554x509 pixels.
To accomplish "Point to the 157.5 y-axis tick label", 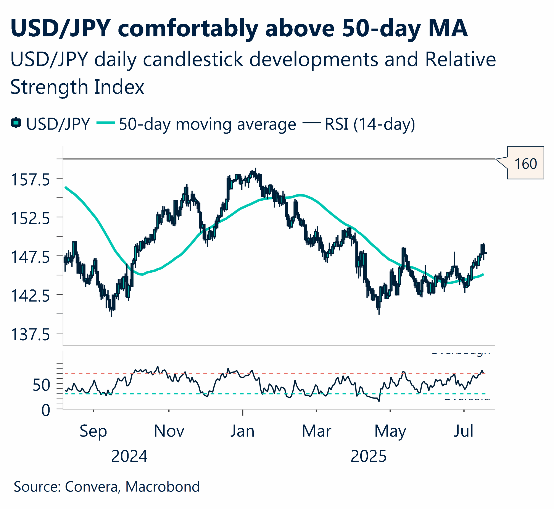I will click(30, 180).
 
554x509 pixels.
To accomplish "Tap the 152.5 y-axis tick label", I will click(30, 218).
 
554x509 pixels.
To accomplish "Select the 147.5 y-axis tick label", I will click(30, 257).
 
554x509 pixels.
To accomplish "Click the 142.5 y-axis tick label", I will click(30, 296).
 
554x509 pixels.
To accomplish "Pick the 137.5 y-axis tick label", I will click(30, 335).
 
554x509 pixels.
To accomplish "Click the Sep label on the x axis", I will click(93, 431).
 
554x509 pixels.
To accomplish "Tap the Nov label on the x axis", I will click(169, 431).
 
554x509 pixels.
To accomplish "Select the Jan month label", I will click(242, 431).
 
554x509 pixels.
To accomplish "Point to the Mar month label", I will click(316, 431).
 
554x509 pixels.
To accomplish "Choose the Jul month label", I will click(463, 431).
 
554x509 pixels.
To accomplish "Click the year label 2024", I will click(129, 456).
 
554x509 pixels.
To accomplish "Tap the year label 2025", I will click(368, 456).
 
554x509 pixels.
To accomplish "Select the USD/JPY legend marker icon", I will click(16, 123).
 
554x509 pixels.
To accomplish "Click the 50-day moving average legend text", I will click(207, 124).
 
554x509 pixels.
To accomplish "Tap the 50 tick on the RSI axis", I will click(41, 385).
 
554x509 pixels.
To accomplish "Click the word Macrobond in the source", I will click(163, 487).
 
